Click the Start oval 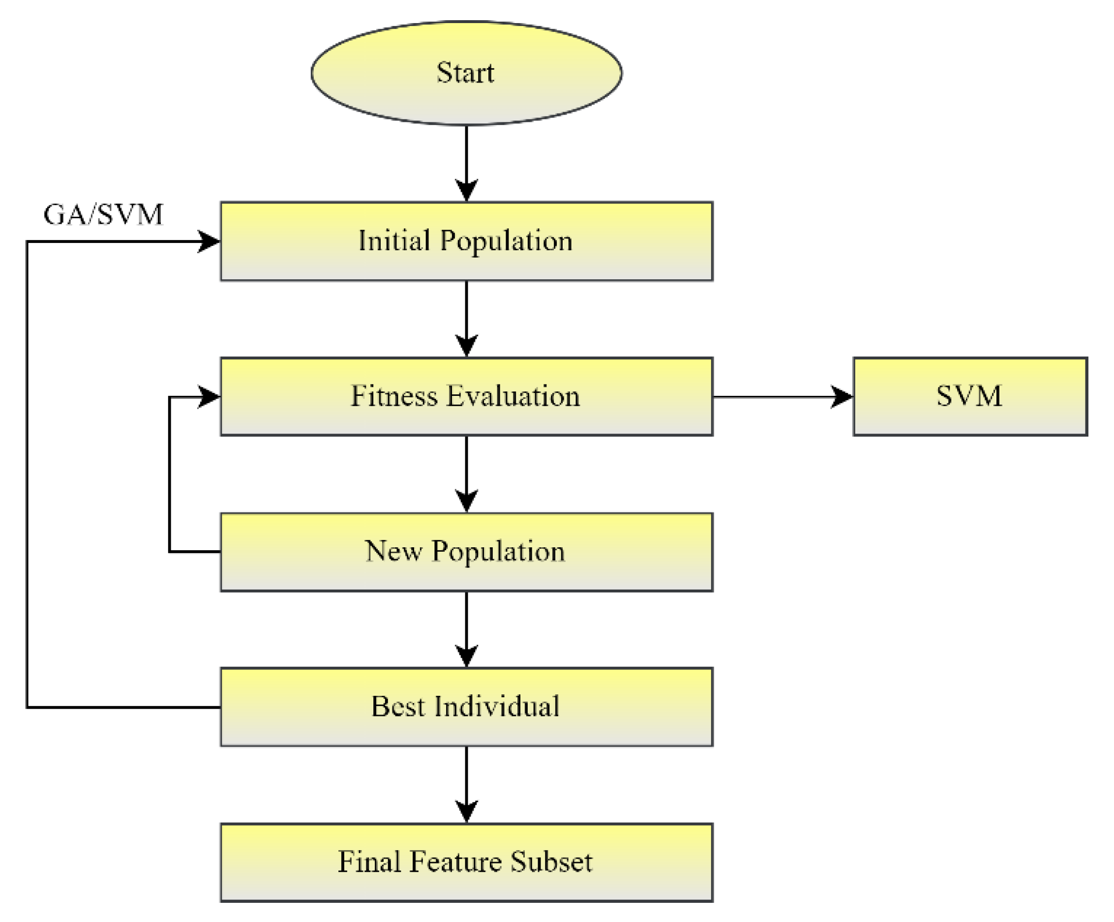point(466,73)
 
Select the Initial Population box point(466,241)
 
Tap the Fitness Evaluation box point(466,397)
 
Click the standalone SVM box point(970,397)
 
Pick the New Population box point(466,552)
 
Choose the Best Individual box point(466,707)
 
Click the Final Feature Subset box point(466,863)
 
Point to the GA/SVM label point(103,215)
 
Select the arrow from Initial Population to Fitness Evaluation point(466,318)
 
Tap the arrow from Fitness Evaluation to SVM point(783,397)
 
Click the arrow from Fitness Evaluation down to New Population point(466,474)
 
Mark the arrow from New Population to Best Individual point(466,628)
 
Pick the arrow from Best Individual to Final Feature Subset point(466,784)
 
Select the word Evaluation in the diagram point(512,396)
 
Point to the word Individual point(497,707)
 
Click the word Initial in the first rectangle point(393,241)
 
